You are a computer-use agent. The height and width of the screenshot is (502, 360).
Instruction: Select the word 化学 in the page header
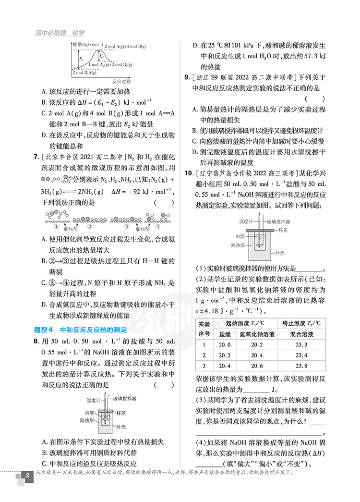tap(78, 33)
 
